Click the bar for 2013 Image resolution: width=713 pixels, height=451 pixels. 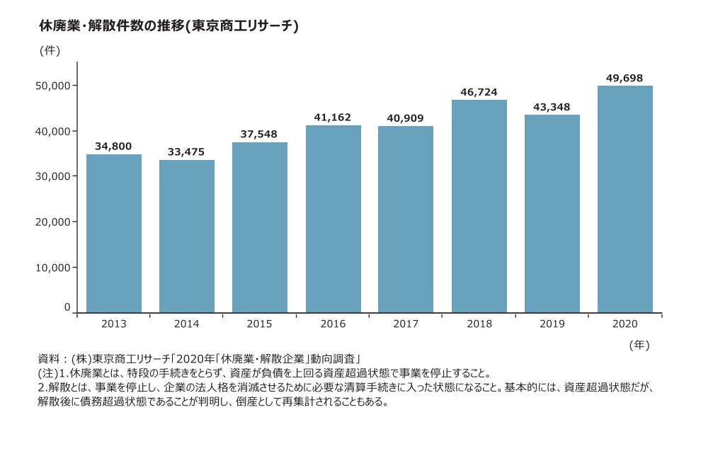(x=114, y=234)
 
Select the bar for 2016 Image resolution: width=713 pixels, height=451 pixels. (x=333, y=219)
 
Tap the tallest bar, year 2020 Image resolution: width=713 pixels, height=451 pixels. (x=624, y=199)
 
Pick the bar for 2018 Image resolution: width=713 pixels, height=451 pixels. (x=479, y=206)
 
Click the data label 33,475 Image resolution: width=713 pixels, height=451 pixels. (x=186, y=152)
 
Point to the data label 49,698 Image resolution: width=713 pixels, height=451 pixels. (x=624, y=78)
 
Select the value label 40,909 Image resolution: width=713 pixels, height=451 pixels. (x=406, y=118)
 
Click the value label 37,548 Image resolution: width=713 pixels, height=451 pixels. (x=259, y=134)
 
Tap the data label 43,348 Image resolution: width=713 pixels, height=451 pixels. (x=552, y=107)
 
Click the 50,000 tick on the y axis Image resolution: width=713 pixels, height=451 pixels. (x=52, y=86)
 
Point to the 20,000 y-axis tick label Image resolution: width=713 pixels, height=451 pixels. (x=52, y=222)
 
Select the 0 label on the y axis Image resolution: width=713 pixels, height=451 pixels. (x=67, y=308)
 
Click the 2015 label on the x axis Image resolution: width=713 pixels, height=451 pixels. (x=259, y=324)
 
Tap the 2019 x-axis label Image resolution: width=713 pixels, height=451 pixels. (x=552, y=324)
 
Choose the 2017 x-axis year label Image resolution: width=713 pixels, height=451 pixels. (x=406, y=324)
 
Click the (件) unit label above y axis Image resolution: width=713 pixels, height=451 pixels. (x=50, y=50)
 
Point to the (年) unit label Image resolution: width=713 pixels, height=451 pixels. (x=639, y=345)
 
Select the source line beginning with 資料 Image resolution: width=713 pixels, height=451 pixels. (x=200, y=358)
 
